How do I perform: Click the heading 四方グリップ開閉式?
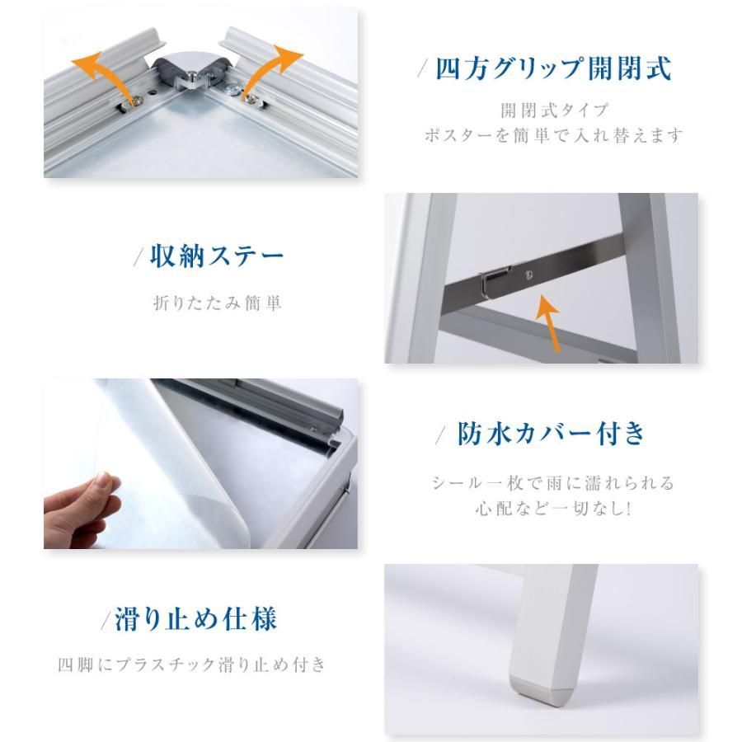(x=553, y=69)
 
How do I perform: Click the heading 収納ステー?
(x=216, y=256)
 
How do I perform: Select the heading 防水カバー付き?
(x=552, y=434)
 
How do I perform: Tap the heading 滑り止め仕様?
(x=195, y=618)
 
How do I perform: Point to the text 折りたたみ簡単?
(x=218, y=303)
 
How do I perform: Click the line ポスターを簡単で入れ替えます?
(x=553, y=135)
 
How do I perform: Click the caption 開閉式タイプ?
(x=553, y=110)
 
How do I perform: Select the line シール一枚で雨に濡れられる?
(x=553, y=482)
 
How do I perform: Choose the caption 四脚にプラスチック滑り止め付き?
(x=192, y=665)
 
